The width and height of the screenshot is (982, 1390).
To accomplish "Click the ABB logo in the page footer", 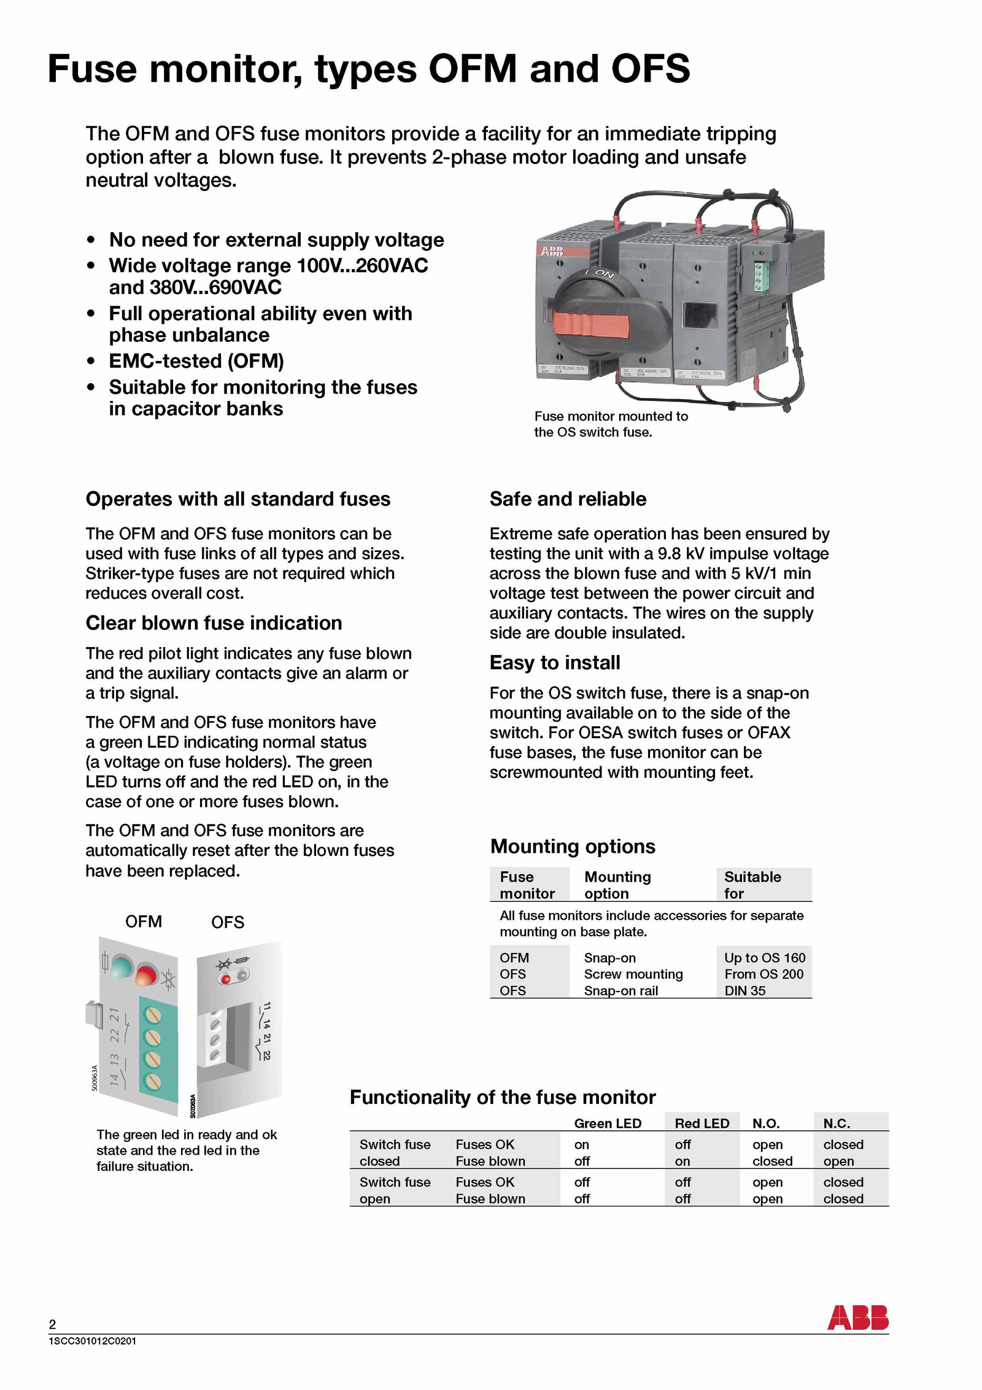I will (857, 1318).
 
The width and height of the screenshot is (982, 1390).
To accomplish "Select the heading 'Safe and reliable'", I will (568, 499).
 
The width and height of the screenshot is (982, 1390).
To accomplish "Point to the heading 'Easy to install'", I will (555, 663).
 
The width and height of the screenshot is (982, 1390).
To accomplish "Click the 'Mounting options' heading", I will (573, 847).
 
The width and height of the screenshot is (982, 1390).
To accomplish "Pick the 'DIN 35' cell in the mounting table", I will (744, 990).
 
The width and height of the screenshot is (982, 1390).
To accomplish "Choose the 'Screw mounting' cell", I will (633, 974).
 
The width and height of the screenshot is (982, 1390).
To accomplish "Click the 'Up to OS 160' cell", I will (764, 958).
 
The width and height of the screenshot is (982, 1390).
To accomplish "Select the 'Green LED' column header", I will (607, 1124).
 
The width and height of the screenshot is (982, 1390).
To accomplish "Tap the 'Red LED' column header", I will (702, 1124).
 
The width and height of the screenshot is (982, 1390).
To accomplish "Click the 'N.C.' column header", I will (836, 1124).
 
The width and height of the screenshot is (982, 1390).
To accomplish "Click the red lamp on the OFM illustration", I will (146, 976).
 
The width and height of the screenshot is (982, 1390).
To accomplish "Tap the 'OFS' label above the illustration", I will (227, 922).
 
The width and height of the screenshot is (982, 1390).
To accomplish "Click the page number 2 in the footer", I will (52, 1324).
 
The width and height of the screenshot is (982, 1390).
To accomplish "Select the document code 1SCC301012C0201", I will (92, 1341).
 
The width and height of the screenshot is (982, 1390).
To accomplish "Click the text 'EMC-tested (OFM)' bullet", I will (196, 361).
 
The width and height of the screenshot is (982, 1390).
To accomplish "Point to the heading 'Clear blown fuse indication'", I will (214, 623).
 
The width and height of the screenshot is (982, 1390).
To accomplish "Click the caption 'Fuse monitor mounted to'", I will (611, 416).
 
